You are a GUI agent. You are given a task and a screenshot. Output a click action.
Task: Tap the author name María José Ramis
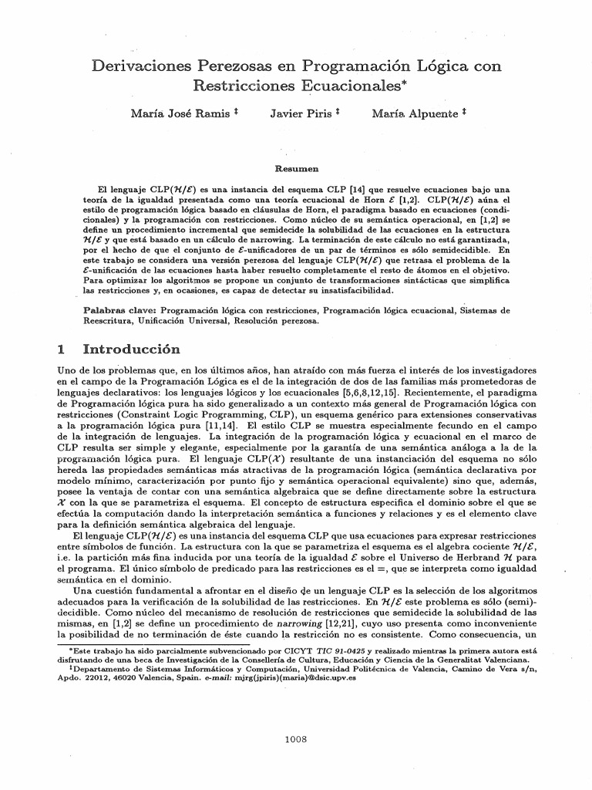(180, 113)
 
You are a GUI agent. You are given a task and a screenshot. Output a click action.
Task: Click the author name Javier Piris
(301, 113)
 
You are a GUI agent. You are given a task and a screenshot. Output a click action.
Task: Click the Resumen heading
(297, 167)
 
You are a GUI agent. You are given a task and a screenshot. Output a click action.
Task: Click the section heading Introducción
(135, 349)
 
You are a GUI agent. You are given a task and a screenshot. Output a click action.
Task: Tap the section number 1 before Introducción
(62, 349)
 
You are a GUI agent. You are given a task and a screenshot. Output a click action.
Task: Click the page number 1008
(296, 738)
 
